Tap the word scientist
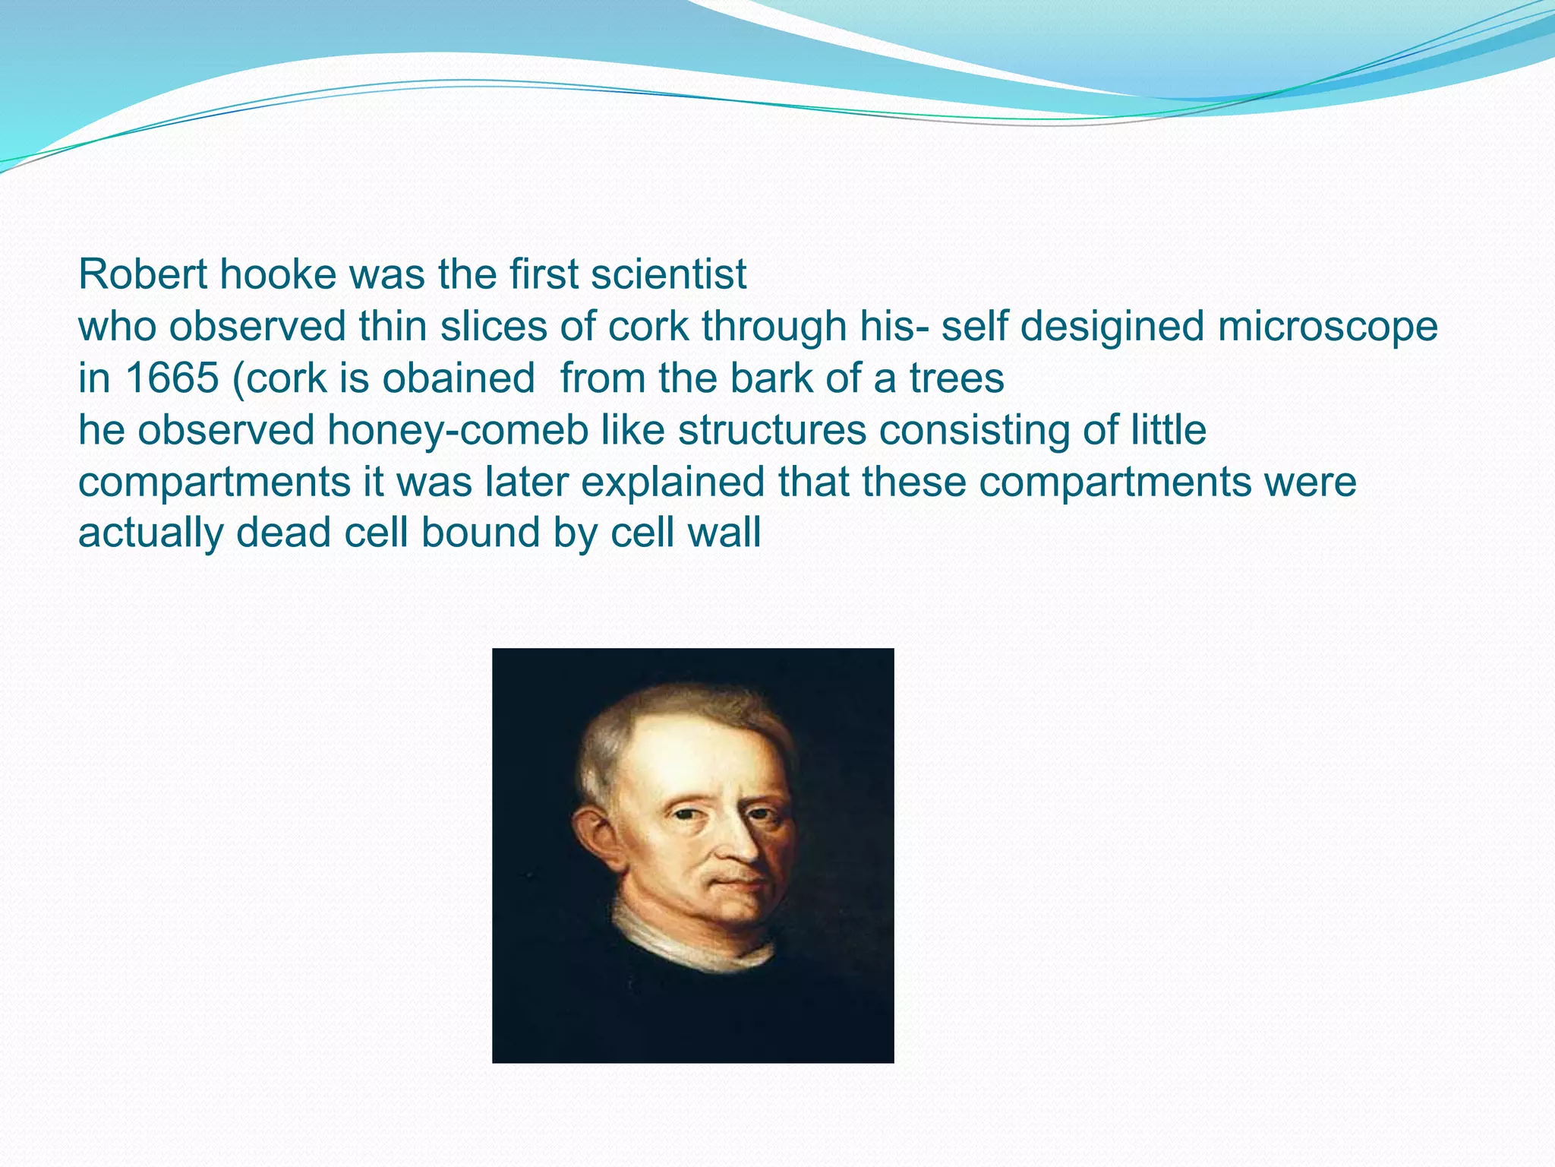(669, 274)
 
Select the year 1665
(172, 378)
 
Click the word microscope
(1328, 327)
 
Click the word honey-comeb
(458, 430)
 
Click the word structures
(772, 430)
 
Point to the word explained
(672, 482)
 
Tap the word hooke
(278, 274)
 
